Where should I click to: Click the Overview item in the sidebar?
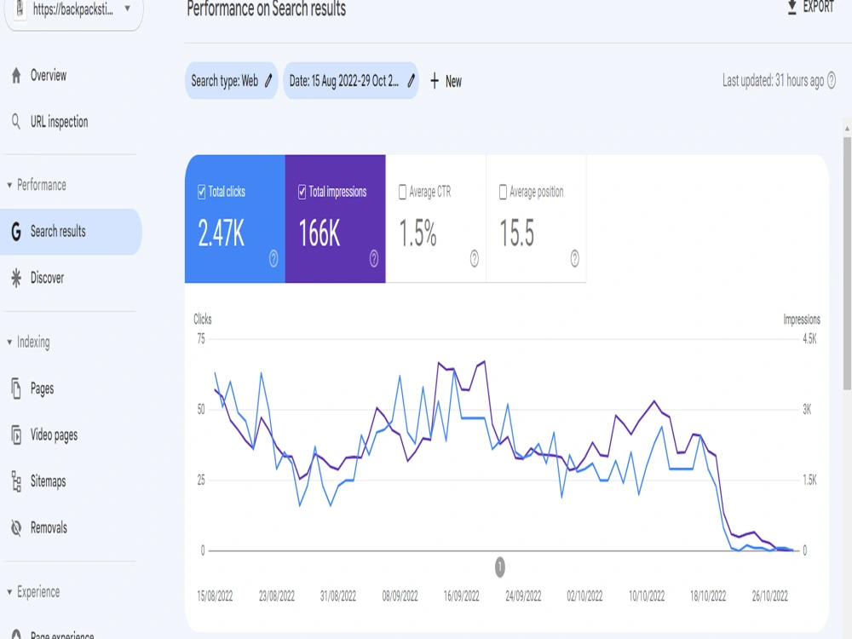pyautogui.click(x=38, y=76)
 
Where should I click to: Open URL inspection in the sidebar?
pyautogui.click(x=49, y=122)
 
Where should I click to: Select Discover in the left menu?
pyautogui.click(x=37, y=279)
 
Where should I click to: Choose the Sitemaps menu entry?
pyautogui.click(x=38, y=481)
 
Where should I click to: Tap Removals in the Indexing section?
pyautogui.click(x=38, y=527)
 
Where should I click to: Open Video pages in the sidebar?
pyautogui.click(x=43, y=435)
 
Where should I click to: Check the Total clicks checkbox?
pyautogui.click(x=202, y=192)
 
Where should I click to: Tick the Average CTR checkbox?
pyautogui.click(x=403, y=192)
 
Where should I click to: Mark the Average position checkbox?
pyautogui.click(x=504, y=192)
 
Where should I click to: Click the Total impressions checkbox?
pyautogui.click(x=302, y=192)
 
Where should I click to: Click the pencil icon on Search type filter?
pyautogui.click(x=268, y=81)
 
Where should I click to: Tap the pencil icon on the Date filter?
pyautogui.click(x=412, y=81)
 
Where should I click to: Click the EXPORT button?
pyautogui.click(x=810, y=7)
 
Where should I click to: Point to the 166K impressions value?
pyautogui.click(x=319, y=233)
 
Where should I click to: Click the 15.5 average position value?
pyautogui.click(x=517, y=233)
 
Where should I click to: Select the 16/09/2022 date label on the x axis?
pyautogui.click(x=461, y=596)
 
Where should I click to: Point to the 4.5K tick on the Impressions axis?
pyautogui.click(x=809, y=339)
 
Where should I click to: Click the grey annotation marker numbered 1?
pyautogui.click(x=500, y=567)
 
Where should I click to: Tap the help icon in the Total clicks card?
pyautogui.click(x=273, y=259)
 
